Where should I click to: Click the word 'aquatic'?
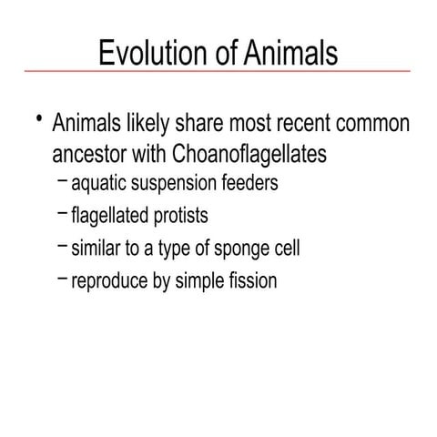click(98, 184)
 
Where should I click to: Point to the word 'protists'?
click(183, 217)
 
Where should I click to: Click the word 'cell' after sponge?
click(284, 249)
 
